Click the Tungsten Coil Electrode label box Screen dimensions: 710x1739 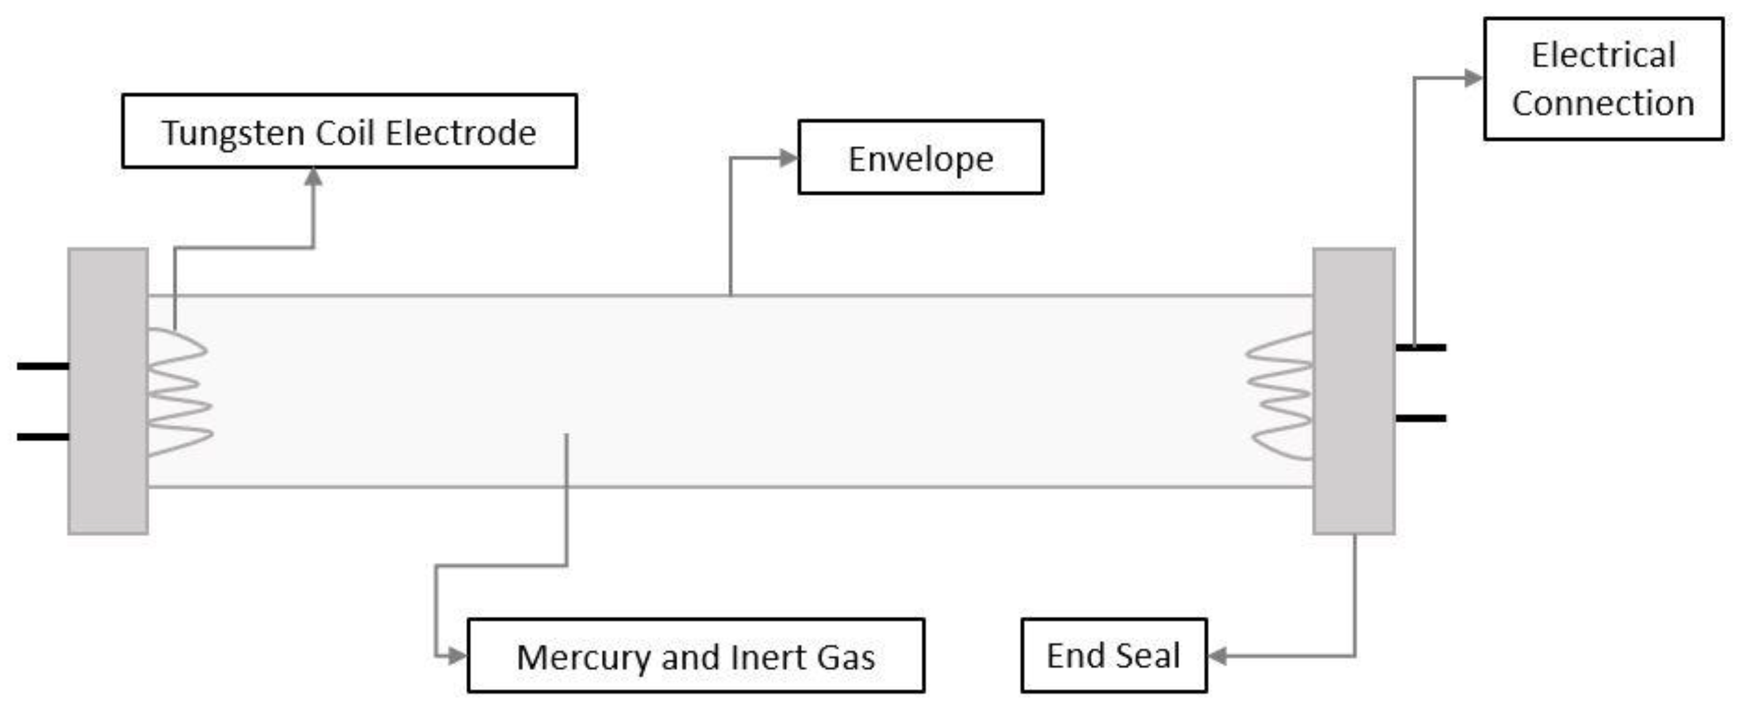point(349,131)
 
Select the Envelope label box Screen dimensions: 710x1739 point(920,157)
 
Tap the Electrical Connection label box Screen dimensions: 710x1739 point(1603,79)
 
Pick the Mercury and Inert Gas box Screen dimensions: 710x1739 point(696,655)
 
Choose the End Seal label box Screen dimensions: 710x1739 point(1113,655)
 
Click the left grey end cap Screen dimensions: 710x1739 point(108,392)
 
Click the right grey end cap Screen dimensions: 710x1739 point(1354,392)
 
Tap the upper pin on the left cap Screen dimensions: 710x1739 point(42,366)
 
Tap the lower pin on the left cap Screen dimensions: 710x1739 point(42,437)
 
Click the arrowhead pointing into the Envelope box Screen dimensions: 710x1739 point(788,158)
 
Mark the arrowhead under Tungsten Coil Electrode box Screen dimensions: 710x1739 point(313,177)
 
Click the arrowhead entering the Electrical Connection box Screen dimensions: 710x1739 point(1473,79)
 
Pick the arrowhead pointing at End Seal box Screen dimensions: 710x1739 point(1217,655)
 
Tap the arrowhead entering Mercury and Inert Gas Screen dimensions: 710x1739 point(457,655)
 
